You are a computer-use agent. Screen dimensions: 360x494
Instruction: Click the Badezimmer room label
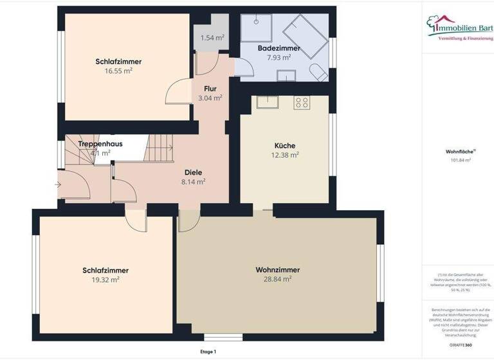279,48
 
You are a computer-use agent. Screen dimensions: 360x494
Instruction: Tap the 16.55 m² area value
118,71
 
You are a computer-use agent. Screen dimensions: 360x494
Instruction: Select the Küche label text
284,146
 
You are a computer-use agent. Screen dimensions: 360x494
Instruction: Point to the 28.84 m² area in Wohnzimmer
278,279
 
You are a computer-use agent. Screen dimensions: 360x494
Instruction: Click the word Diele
193,172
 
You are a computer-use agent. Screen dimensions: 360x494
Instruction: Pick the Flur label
210,89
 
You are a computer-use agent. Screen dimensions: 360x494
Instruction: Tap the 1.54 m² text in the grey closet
212,38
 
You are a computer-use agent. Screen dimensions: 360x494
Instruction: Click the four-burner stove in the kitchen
301,102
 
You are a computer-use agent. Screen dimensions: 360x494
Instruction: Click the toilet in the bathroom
316,71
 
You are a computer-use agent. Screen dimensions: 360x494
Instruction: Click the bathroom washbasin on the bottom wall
286,75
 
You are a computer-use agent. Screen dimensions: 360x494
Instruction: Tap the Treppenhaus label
100,144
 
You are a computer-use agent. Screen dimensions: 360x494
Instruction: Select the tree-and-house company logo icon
439,24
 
